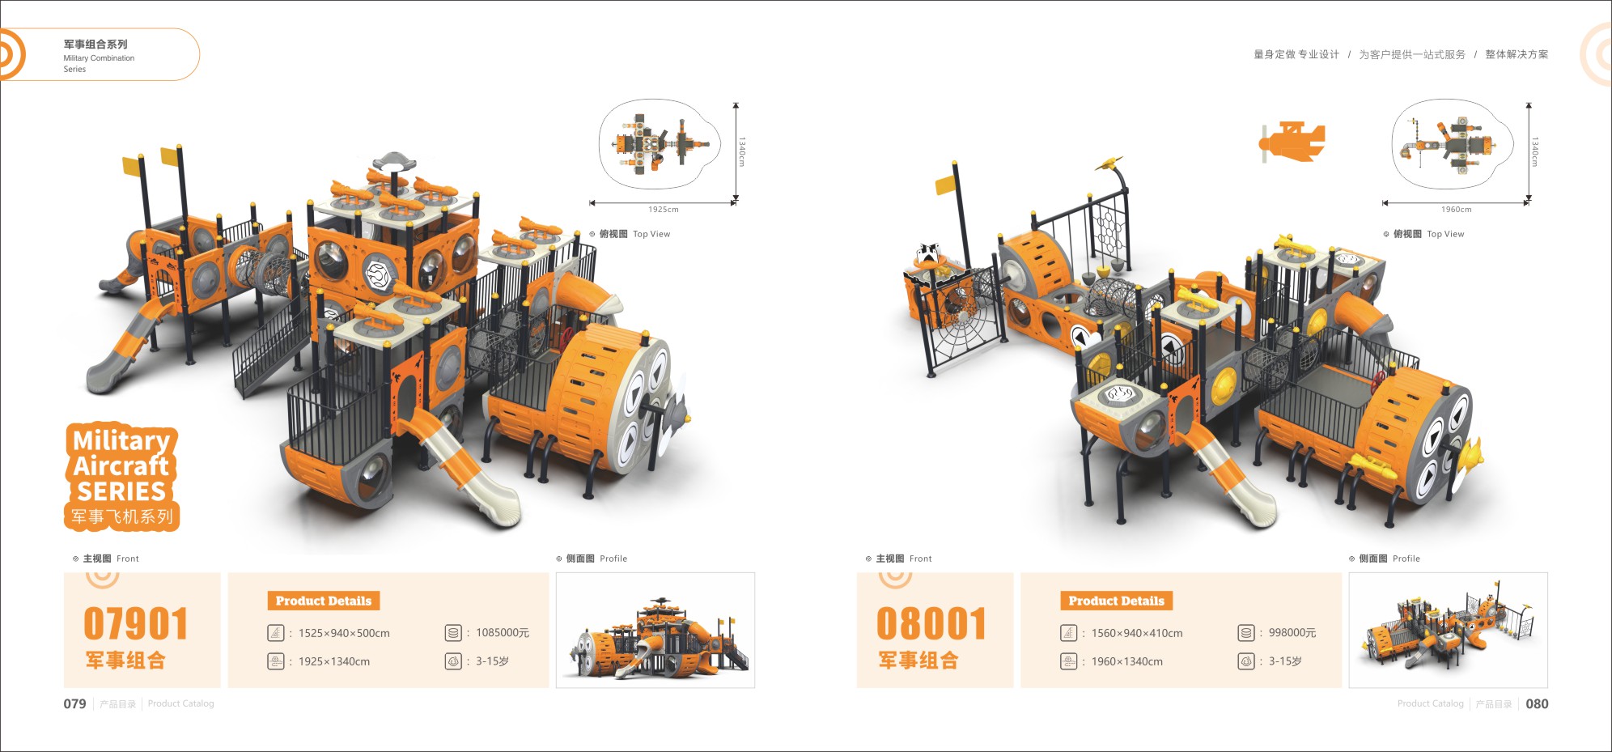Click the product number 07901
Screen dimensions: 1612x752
(x=136, y=624)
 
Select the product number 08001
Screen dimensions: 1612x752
(x=931, y=624)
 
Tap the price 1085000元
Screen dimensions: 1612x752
(x=503, y=633)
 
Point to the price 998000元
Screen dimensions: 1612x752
(x=1292, y=633)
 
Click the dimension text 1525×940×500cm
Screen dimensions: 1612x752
(x=344, y=633)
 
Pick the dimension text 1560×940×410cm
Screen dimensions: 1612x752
(x=1137, y=633)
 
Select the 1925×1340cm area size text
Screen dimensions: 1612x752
(x=334, y=661)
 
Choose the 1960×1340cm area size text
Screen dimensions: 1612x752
(x=1127, y=661)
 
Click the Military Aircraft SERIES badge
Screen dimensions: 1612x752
(x=121, y=477)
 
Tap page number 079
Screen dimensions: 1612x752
(x=74, y=704)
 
